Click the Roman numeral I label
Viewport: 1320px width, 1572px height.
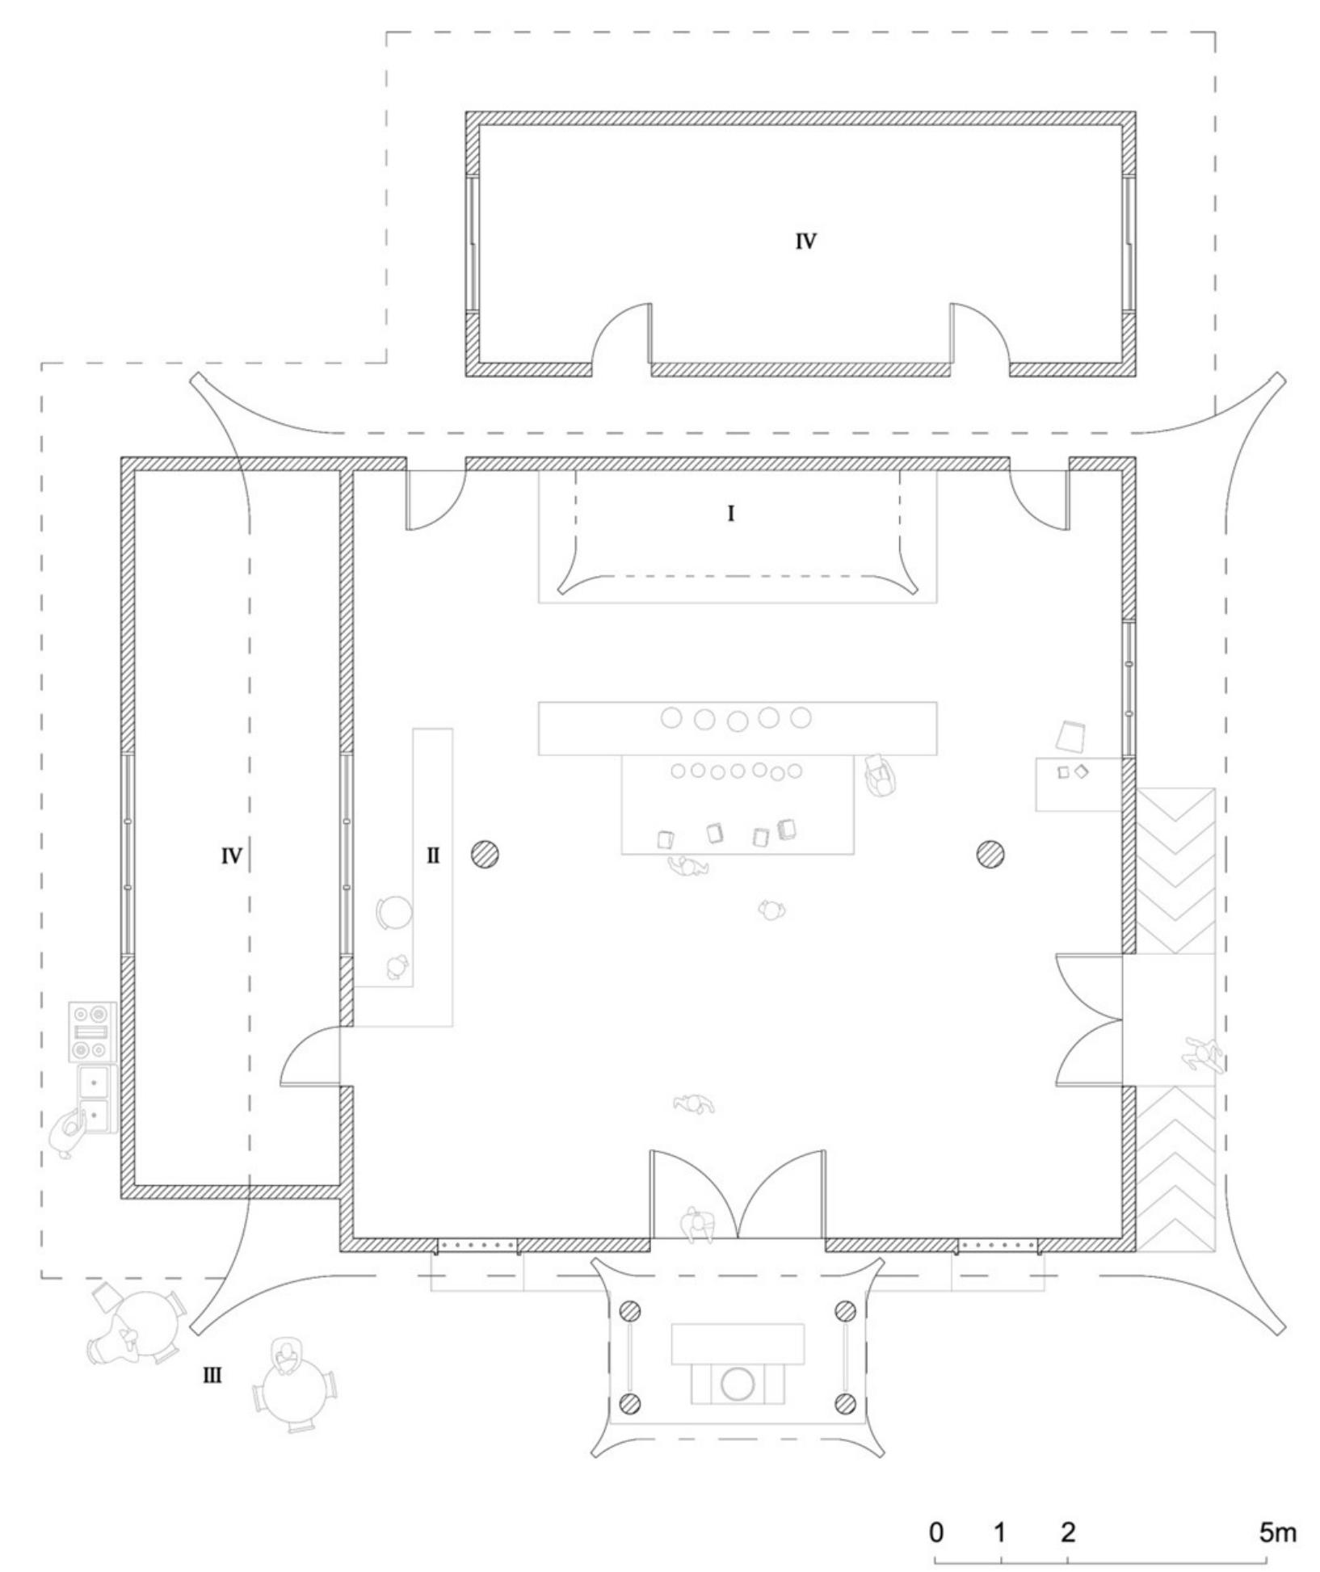pos(730,514)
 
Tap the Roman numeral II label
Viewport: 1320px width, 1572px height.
pos(433,855)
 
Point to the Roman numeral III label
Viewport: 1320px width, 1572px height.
pos(212,1374)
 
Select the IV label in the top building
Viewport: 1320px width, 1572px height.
pos(805,241)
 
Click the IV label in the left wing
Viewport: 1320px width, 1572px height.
pos(231,855)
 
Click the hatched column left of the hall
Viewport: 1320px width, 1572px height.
pos(485,854)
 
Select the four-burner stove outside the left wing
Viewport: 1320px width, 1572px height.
pos(91,1032)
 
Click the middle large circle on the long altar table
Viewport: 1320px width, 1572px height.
pos(737,720)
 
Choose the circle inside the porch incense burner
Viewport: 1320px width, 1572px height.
pos(737,1384)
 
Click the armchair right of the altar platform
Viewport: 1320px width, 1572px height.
pos(880,775)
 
